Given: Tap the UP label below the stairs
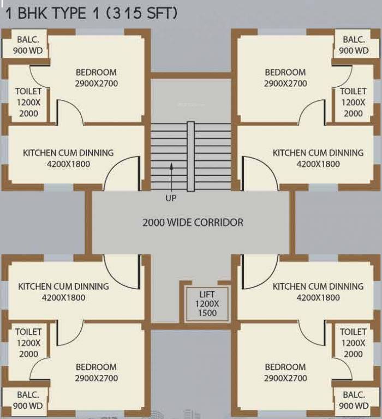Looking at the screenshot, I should tap(171, 198).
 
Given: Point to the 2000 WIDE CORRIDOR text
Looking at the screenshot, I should tap(193, 223).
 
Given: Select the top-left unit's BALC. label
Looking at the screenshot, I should tap(27, 40).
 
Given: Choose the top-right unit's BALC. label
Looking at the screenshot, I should tap(354, 40).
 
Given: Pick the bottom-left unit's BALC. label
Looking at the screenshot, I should tap(27, 394).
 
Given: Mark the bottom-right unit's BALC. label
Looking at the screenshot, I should tap(354, 394).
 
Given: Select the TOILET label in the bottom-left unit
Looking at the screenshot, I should tap(28, 332).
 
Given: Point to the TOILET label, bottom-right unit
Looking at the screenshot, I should tap(353, 332).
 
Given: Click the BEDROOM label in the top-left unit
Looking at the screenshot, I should tap(96, 72).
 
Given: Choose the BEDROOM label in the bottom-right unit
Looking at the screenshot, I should tap(285, 367).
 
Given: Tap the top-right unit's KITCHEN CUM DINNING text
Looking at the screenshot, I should tap(318, 153).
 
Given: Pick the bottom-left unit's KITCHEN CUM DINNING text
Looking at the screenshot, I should tap(63, 286).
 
